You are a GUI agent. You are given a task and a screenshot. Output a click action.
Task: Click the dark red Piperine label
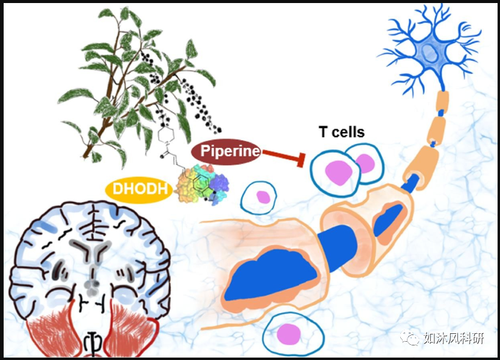point(226,151)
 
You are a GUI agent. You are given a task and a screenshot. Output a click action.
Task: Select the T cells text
point(341,132)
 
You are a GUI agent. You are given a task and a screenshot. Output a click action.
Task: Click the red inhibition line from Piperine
point(282,156)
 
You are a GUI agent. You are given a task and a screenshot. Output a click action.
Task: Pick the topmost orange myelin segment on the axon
point(440,101)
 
